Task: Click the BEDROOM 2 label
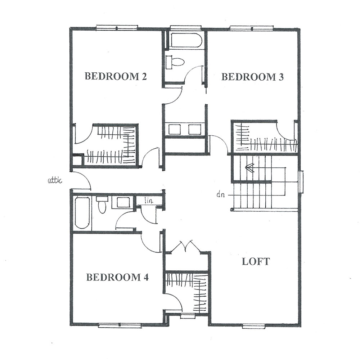click(116, 76)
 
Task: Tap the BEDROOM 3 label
click(252, 77)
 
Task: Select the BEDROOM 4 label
click(117, 277)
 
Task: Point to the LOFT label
click(256, 261)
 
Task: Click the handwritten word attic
click(55, 180)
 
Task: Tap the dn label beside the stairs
click(221, 195)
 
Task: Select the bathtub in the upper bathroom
click(186, 40)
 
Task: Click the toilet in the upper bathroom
click(176, 62)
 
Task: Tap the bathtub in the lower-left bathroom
click(82, 212)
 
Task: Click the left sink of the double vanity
click(174, 129)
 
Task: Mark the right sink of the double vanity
click(195, 129)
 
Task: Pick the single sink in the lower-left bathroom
click(123, 202)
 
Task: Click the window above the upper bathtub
click(185, 28)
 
